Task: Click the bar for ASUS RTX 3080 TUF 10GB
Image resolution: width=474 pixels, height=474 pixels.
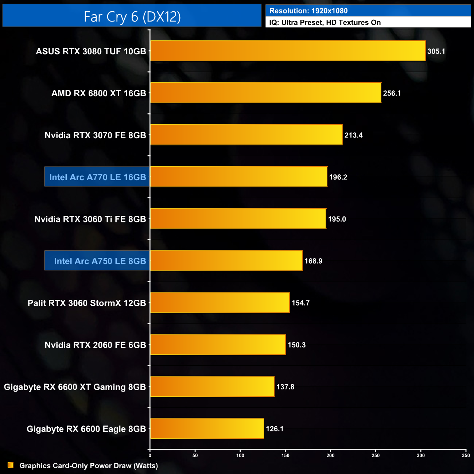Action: click(x=288, y=51)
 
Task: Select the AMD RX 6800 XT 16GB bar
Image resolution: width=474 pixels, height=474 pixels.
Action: click(x=265, y=93)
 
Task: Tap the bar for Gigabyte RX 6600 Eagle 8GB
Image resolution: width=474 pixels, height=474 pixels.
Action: click(x=207, y=428)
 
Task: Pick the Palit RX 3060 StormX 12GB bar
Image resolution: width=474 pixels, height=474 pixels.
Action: click(x=220, y=303)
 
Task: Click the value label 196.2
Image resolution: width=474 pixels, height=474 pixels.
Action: click(x=338, y=177)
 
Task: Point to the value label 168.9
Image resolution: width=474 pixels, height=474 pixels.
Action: click(x=313, y=261)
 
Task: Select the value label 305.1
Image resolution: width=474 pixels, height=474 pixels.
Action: click(x=436, y=51)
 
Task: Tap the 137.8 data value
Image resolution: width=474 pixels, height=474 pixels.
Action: click(x=285, y=387)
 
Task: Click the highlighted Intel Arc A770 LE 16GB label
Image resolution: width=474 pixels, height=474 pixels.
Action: click(x=97, y=177)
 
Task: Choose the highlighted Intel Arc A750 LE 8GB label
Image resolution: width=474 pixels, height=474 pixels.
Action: click(x=100, y=261)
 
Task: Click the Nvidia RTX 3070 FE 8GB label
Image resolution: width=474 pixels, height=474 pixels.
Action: click(x=95, y=135)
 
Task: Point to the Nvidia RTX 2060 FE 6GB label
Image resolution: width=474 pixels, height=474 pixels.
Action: click(x=95, y=345)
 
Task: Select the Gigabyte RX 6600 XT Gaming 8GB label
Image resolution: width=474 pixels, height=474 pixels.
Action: click(x=75, y=387)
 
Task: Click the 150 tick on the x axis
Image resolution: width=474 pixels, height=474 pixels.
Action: click(x=285, y=455)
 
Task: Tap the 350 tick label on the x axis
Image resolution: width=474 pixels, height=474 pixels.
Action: click(x=466, y=455)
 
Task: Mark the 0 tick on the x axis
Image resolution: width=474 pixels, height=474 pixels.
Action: click(x=150, y=455)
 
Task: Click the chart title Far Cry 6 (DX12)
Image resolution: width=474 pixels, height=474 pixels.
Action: click(x=132, y=16)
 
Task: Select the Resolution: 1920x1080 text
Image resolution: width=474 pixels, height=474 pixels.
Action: click(x=308, y=11)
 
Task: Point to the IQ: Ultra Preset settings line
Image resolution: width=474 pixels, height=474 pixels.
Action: click(x=325, y=23)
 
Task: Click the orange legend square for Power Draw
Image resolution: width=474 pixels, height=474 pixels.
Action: click(x=11, y=465)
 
